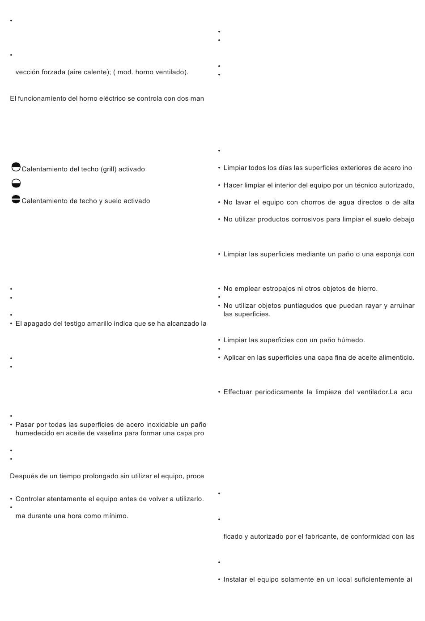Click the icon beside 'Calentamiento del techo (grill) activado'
click(x=16, y=167)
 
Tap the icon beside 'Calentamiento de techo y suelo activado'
click(x=16, y=200)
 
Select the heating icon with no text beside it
click(x=16, y=183)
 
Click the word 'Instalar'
click(x=235, y=579)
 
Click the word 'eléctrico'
click(x=111, y=98)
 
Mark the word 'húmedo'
click(x=352, y=340)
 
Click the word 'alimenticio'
click(x=395, y=357)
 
